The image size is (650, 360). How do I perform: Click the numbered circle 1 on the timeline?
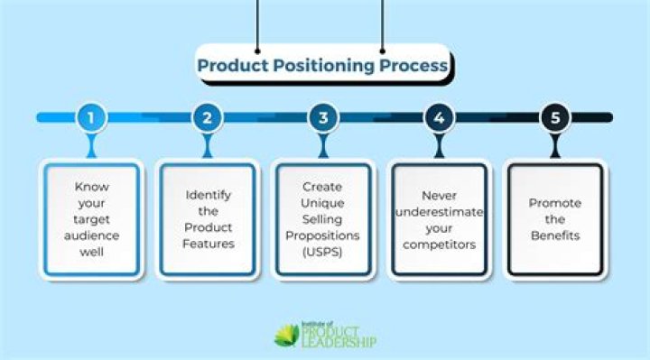91,117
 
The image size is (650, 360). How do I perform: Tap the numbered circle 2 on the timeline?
207,117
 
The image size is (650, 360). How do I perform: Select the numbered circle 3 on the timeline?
322,117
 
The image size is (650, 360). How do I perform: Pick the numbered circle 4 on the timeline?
438,117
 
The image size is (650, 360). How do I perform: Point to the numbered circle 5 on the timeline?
553,117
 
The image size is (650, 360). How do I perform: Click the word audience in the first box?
92,235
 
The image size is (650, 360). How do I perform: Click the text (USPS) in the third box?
323,253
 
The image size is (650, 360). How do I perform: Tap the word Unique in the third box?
323,203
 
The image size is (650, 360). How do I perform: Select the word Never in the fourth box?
439,194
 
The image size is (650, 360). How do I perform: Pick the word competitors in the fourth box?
439,244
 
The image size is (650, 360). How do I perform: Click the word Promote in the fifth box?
553,202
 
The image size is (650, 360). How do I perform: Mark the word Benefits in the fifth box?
553,235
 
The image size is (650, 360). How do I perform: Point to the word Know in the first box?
92,186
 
